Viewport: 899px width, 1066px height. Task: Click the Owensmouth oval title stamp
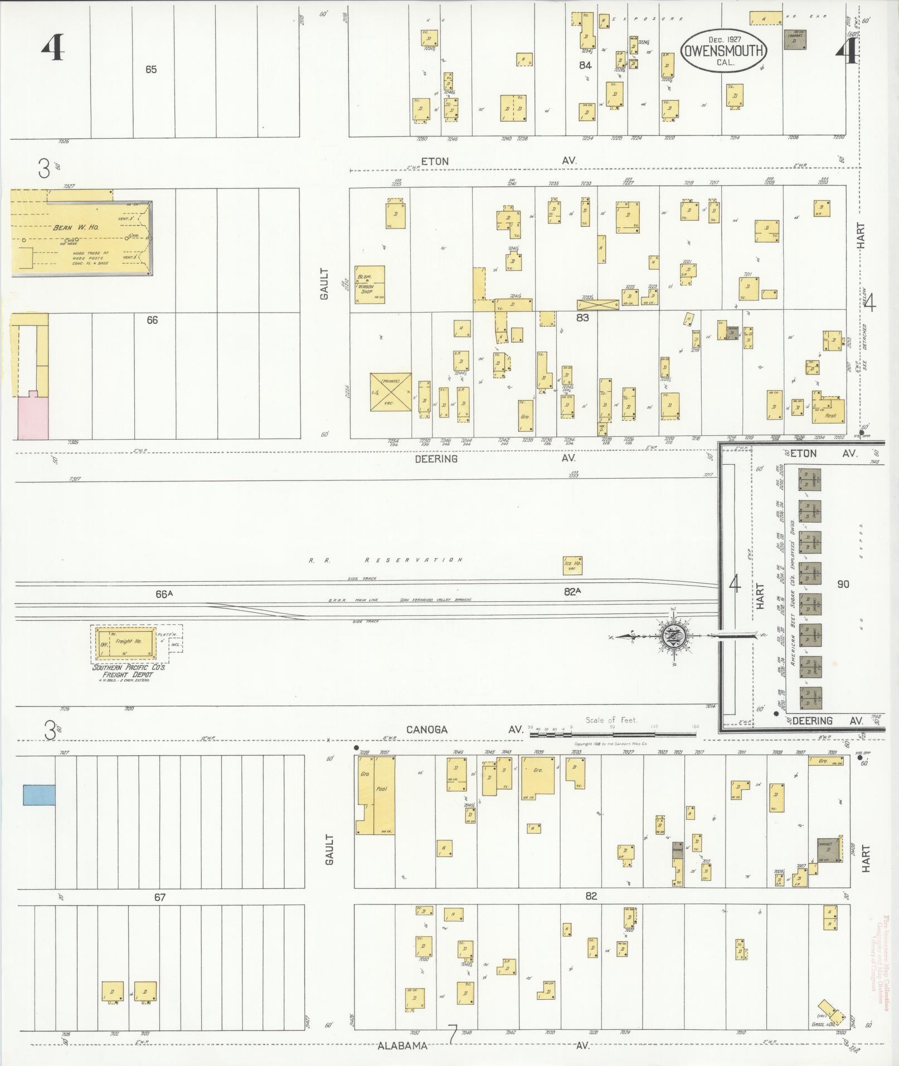pyautogui.click(x=723, y=50)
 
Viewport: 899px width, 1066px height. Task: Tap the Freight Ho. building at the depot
pyautogui.click(x=129, y=641)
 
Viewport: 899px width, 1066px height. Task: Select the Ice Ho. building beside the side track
pyautogui.click(x=572, y=565)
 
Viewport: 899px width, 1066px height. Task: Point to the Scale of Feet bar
pyautogui.click(x=612, y=734)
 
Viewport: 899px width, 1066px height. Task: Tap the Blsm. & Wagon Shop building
pyautogui.click(x=370, y=285)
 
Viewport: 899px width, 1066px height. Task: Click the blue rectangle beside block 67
pyautogui.click(x=38, y=795)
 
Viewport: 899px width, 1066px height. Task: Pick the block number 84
pyautogui.click(x=585, y=65)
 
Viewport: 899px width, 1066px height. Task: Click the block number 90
pyautogui.click(x=843, y=584)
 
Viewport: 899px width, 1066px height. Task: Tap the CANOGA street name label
pyautogui.click(x=426, y=729)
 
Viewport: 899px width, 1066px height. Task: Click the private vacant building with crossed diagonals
pyautogui.click(x=391, y=393)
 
